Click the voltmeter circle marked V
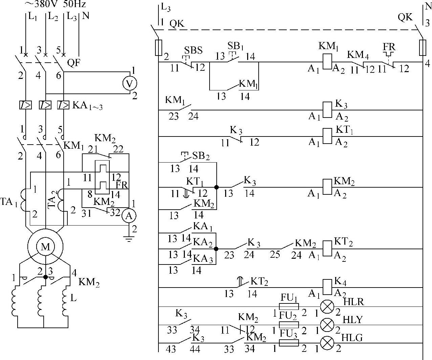(129, 83)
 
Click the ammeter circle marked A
(128, 216)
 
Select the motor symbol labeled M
(45, 247)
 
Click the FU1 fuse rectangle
(288, 306)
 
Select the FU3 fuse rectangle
(288, 343)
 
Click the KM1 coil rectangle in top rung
(327, 62)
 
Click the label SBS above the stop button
(193, 50)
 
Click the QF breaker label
(73, 63)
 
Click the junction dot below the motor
(45, 277)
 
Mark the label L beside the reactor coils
(73, 298)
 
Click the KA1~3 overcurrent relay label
(87, 106)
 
